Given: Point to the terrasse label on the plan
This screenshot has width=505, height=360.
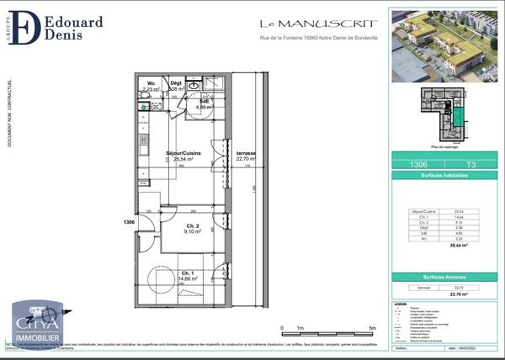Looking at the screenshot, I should tap(246, 154).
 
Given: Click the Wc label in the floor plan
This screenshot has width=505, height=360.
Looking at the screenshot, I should tap(151, 85).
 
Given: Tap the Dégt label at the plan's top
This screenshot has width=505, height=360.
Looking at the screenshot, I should tap(177, 85).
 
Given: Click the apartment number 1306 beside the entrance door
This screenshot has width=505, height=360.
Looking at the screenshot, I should tap(129, 221).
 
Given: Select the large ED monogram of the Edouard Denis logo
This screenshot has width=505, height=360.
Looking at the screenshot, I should tap(29, 27).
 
